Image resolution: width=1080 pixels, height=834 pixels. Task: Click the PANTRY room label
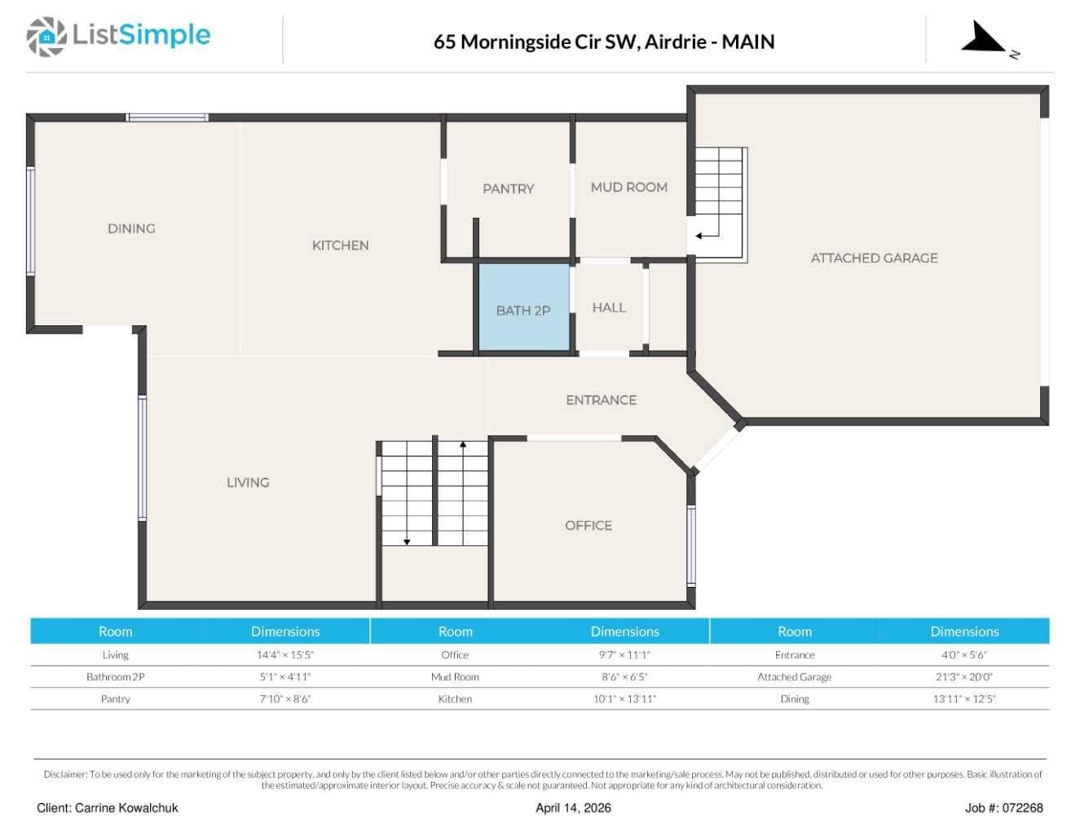pos(508,189)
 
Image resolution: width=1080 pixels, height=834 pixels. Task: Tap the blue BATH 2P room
pos(524,307)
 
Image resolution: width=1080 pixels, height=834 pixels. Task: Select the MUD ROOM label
pos(628,188)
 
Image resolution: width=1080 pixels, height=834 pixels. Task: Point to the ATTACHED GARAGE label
pos(875,258)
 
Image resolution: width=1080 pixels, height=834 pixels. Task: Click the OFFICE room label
pos(588,525)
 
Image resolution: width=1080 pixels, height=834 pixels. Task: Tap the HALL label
pos(609,307)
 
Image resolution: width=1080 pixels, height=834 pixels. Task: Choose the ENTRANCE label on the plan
pos(602,400)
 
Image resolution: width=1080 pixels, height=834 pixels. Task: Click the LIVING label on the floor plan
pos(248,482)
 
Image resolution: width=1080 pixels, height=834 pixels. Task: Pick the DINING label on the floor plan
pos(132,228)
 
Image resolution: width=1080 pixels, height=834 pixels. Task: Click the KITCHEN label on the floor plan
pos(341,245)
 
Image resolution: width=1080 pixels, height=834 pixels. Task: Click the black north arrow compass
pos(983,37)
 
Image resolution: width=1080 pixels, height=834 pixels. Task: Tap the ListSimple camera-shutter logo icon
pos(46,37)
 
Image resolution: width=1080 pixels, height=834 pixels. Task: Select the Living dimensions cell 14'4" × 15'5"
pos(285,655)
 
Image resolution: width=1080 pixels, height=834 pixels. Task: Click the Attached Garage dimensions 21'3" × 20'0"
pos(964,677)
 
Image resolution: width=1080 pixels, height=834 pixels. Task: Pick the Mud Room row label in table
pos(455,677)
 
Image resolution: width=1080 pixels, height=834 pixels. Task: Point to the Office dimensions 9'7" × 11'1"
pos(624,655)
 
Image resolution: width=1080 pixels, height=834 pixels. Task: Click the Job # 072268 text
pos(1003,808)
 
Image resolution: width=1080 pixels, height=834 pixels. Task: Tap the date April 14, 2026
pos(573,808)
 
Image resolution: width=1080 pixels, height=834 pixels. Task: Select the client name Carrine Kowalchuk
pos(126,808)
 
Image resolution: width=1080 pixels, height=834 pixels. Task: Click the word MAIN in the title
pos(748,42)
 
